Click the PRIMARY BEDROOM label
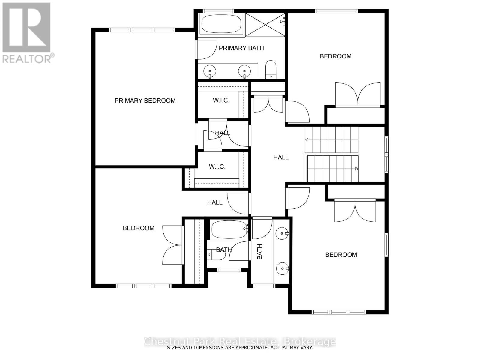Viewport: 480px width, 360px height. click(x=145, y=100)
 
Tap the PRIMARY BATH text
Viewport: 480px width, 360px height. click(x=241, y=48)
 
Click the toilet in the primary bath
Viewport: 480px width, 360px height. click(x=271, y=69)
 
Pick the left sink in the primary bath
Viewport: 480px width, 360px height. click(x=210, y=71)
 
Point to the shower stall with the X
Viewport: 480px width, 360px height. click(x=265, y=25)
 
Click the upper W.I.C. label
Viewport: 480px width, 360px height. click(x=221, y=100)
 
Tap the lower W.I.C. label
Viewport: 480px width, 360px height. click(x=217, y=166)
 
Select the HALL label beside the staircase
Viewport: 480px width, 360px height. click(x=281, y=157)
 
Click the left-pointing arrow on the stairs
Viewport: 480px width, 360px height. click(x=307, y=139)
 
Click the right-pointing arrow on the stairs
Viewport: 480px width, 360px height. click(x=357, y=169)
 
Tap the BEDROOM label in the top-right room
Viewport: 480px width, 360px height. click(x=335, y=56)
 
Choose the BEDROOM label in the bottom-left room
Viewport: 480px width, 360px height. click(x=139, y=228)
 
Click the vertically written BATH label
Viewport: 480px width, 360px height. click(x=259, y=251)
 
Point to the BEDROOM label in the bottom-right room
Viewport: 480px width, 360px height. click(x=341, y=255)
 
